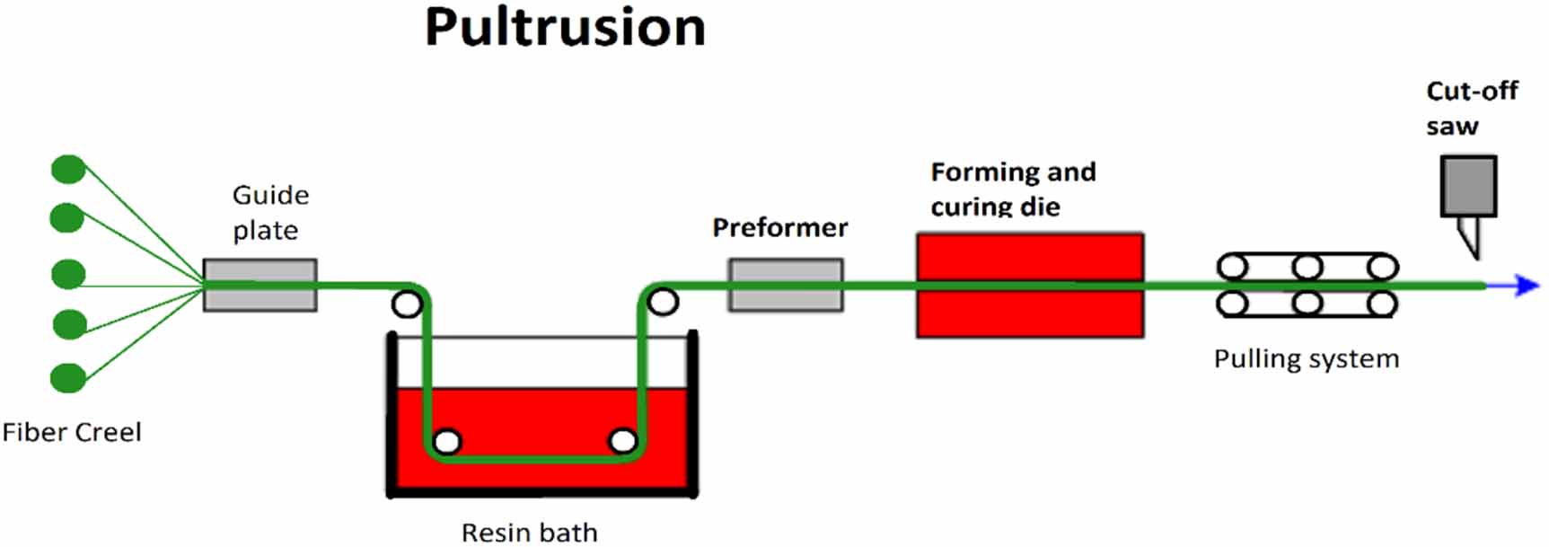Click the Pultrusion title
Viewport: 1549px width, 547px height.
[565, 27]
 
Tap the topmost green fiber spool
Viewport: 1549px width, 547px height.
[68, 169]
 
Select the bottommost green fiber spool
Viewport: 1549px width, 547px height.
[68, 378]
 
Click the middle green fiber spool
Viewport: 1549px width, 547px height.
[68, 274]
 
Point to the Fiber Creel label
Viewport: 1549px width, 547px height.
[72, 432]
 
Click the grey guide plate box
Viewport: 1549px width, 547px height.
[260, 285]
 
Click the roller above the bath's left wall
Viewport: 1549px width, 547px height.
[407, 304]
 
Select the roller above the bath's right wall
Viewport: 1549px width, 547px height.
[663, 302]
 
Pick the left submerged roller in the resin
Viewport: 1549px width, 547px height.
[447, 442]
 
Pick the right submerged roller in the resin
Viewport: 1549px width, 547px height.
[622, 441]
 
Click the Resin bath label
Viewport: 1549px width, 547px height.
[529, 532]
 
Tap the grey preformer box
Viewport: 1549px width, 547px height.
[786, 285]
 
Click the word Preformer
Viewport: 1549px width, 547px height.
[779, 228]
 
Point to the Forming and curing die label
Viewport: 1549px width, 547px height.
[1012, 189]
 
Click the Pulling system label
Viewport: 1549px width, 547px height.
[1306, 359]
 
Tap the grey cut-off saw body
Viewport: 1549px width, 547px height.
[1468, 186]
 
